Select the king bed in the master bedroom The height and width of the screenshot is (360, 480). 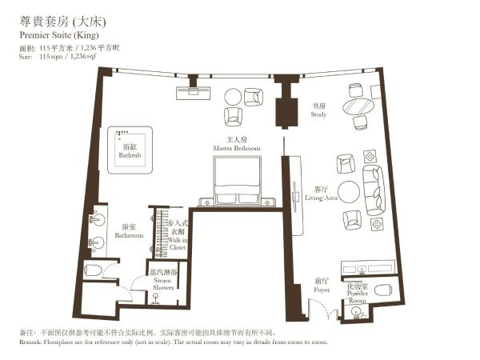(x=237, y=178)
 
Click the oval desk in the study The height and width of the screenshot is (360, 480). (x=358, y=106)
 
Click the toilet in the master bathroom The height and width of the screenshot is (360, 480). (x=92, y=270)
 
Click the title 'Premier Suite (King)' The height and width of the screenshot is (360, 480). (x=53, y=36)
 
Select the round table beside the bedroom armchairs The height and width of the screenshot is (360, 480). (x=232, y=97)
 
